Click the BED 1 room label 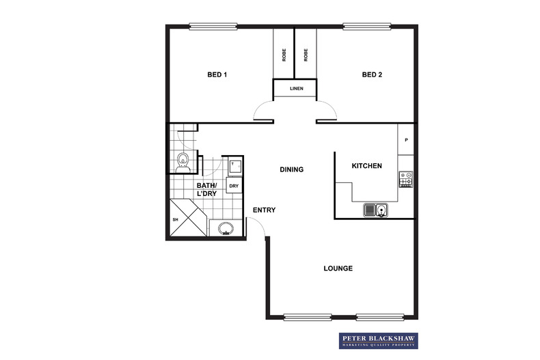[217, 75]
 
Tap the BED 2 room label [372, 75]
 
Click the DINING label [292, 169]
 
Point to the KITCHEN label [366, 166]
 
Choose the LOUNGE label [338, 268]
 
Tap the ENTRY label [264, 210]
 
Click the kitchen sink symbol [375, 210]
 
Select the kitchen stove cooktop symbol [405, 179]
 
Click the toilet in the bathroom [183, 162]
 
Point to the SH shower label [175, 219]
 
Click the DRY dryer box [234, 186]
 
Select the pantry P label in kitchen [406, 141]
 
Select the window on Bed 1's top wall [214, 27]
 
